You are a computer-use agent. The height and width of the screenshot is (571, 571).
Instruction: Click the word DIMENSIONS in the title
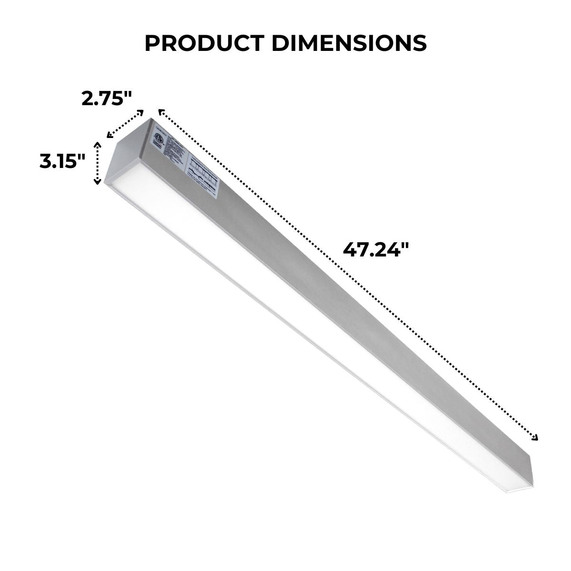(349, 43)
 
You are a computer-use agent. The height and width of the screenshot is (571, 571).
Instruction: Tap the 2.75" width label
(106, 99)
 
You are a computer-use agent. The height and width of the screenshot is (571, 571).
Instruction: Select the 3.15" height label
(62, 161)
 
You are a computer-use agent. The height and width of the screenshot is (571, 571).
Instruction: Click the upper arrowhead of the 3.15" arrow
(98, 144)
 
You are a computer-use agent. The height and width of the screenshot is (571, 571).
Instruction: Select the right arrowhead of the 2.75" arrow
(141, 112)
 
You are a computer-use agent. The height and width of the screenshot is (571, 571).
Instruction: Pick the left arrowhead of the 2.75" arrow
(109, 136)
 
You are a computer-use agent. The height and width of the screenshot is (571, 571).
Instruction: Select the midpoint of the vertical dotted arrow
(98, 163)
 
